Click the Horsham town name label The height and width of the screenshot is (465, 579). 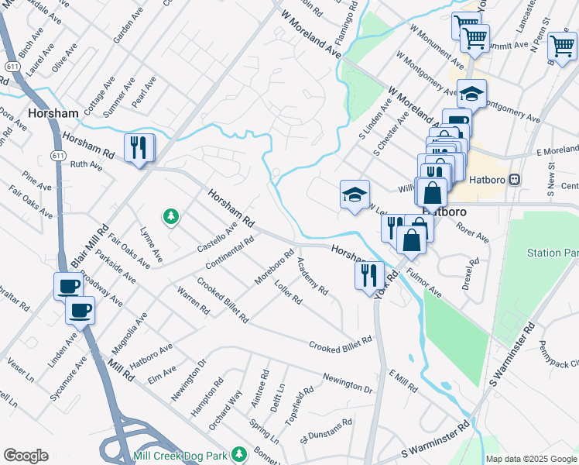click(x=53, y=113)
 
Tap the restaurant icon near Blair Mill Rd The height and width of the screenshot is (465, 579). click(x=139, y=147)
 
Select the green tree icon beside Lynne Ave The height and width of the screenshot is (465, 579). click(x=170, y=218)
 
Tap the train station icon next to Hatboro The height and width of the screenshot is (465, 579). click(x=514, y=180)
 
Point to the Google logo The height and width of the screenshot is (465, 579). click(x=26, y=456)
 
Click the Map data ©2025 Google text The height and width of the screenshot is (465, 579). click(x=531, y=459)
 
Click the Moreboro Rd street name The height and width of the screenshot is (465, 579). click(x=275, y=267)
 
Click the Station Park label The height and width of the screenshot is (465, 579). click(x=553, y=253)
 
